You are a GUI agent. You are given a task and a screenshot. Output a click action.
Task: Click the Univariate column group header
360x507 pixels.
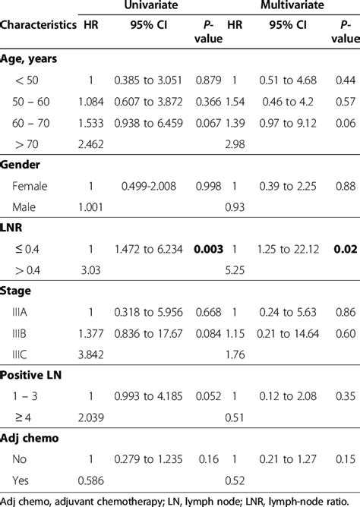pos(158,7)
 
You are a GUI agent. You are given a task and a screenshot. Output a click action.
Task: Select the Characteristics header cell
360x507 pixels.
pos(39,26)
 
